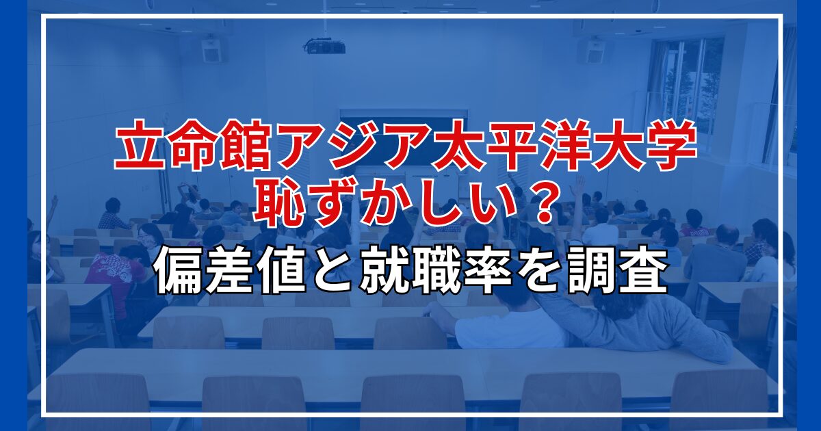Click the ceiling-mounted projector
tap(325, 47)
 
